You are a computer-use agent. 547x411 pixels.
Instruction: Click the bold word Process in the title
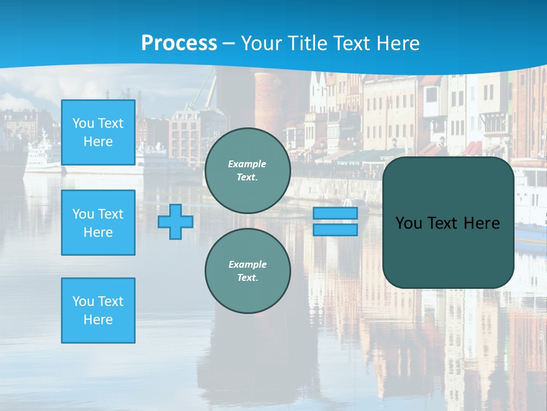click(x=179, y=43)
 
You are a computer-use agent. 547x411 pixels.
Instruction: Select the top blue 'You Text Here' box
click(x=98, y=132)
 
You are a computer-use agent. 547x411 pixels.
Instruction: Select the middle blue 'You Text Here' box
click(x=98, y=223)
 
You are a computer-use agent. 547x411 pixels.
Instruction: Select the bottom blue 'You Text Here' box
click(x=98, y=311)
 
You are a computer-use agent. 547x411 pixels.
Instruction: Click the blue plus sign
click(x=175, y=222)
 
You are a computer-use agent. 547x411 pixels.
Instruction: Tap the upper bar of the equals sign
click(x=335, y=213)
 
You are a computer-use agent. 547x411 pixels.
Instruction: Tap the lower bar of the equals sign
click(x=335, y=230)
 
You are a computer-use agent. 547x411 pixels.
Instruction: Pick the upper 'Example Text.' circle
click(x=247, y=171)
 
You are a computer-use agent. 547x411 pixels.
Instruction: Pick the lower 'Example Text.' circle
click(x=247, y=271)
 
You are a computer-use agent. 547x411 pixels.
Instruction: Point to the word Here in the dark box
click(x=481, y=223)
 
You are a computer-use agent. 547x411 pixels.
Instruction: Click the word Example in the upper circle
click(x=247, y=164)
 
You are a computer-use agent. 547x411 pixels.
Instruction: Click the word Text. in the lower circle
click(x=247, y=278)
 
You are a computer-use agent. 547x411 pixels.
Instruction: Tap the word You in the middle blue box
click(x=83, y=214)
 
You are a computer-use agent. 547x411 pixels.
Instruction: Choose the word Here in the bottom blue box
click(x=98, y=320)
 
